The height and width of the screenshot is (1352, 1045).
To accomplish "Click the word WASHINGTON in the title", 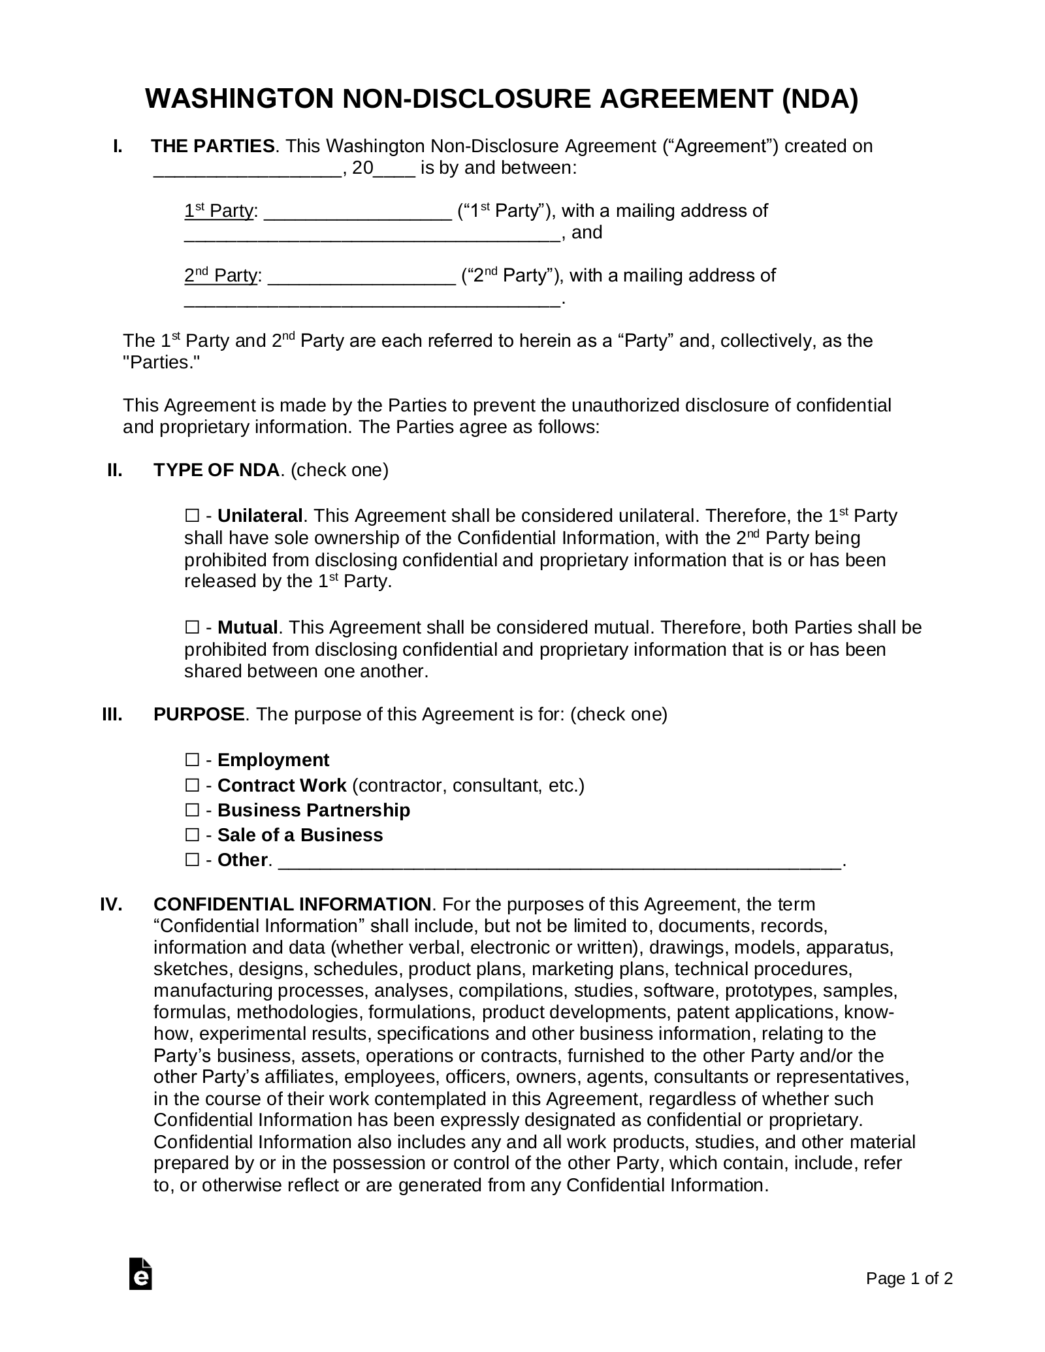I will coord(239,99).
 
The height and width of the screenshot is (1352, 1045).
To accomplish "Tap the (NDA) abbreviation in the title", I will coord(820,99).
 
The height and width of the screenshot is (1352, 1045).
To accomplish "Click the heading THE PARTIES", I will coord(213,146).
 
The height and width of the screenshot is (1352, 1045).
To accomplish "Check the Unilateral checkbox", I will coord(192,516).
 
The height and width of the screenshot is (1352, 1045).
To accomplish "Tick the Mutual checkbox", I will coord(192,628).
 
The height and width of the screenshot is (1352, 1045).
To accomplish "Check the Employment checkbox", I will coord(192,760).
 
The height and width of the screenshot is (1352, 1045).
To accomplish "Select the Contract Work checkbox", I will coord(192,785).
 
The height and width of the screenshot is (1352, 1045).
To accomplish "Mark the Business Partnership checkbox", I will coord(192,810).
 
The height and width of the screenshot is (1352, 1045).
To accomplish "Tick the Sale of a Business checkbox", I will coord(192,835).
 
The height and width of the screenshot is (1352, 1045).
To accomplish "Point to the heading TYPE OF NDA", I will coord(216,470).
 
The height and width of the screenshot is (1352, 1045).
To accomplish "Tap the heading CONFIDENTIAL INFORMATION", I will coord(292,905).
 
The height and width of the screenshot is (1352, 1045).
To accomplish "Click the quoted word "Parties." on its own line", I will coord(161,363).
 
